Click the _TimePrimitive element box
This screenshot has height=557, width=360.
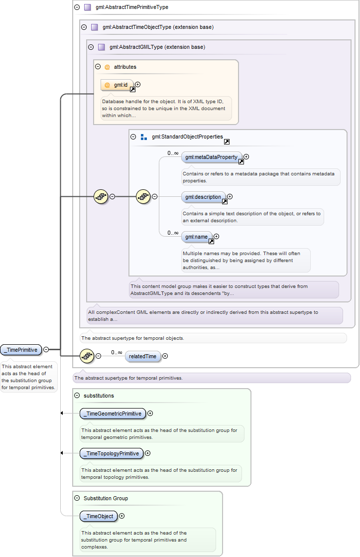tap(21, 350)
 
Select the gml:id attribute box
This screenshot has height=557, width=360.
tap(117, 85)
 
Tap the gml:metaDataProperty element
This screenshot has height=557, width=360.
tap(212, 157)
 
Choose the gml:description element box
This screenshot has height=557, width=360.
tap(204, 197)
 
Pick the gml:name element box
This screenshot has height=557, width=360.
tap(197, 237)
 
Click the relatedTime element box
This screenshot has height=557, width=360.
tap(143, 356)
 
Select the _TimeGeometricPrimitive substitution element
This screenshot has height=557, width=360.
tap(113, 414)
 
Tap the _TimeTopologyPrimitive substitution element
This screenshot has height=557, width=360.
tap(112, 453)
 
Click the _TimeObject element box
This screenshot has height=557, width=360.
tap(99, 516)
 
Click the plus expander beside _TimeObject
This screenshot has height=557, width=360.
tap(122, 516)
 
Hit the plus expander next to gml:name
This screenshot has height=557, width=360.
tap(216, 236)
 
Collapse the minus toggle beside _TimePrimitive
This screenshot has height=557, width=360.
tap(46, 350)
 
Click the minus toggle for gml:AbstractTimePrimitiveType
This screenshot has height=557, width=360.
tap(77, 7)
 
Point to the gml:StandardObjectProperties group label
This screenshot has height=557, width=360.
tap(187, 137)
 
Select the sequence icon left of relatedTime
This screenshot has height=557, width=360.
tap(87, 356)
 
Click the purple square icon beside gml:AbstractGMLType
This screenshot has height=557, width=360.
tap(102, 47)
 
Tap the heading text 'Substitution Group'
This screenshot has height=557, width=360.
tap(106, 498)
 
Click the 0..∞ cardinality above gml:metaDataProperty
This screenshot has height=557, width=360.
tap(173, 153)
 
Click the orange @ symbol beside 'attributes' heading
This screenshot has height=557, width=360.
tap(107, 67)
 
